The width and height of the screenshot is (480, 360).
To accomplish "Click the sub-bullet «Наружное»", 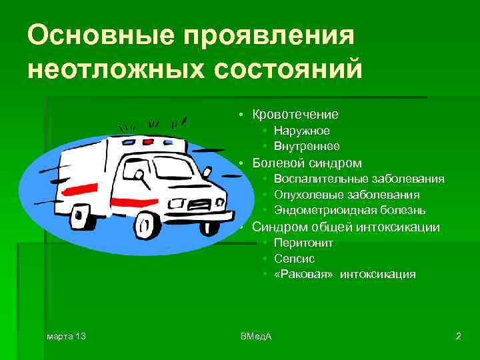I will click(301, 131).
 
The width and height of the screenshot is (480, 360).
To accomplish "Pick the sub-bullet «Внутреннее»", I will click(306, 146).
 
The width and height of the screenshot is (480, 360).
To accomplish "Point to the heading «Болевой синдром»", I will click(307, 163).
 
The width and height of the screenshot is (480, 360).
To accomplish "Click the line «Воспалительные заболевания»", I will click(359, 179).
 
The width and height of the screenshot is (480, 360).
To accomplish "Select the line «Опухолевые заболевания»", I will click(346, 195).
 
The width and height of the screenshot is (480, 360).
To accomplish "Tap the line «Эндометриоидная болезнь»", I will click(349, 211).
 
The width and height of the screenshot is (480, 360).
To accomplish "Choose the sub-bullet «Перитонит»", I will click(303, 243).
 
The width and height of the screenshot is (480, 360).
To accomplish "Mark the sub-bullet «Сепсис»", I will click(294, 259).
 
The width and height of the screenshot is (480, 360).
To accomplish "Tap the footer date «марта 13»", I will click(66, 335).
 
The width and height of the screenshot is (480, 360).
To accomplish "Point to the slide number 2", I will click(458, 335).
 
